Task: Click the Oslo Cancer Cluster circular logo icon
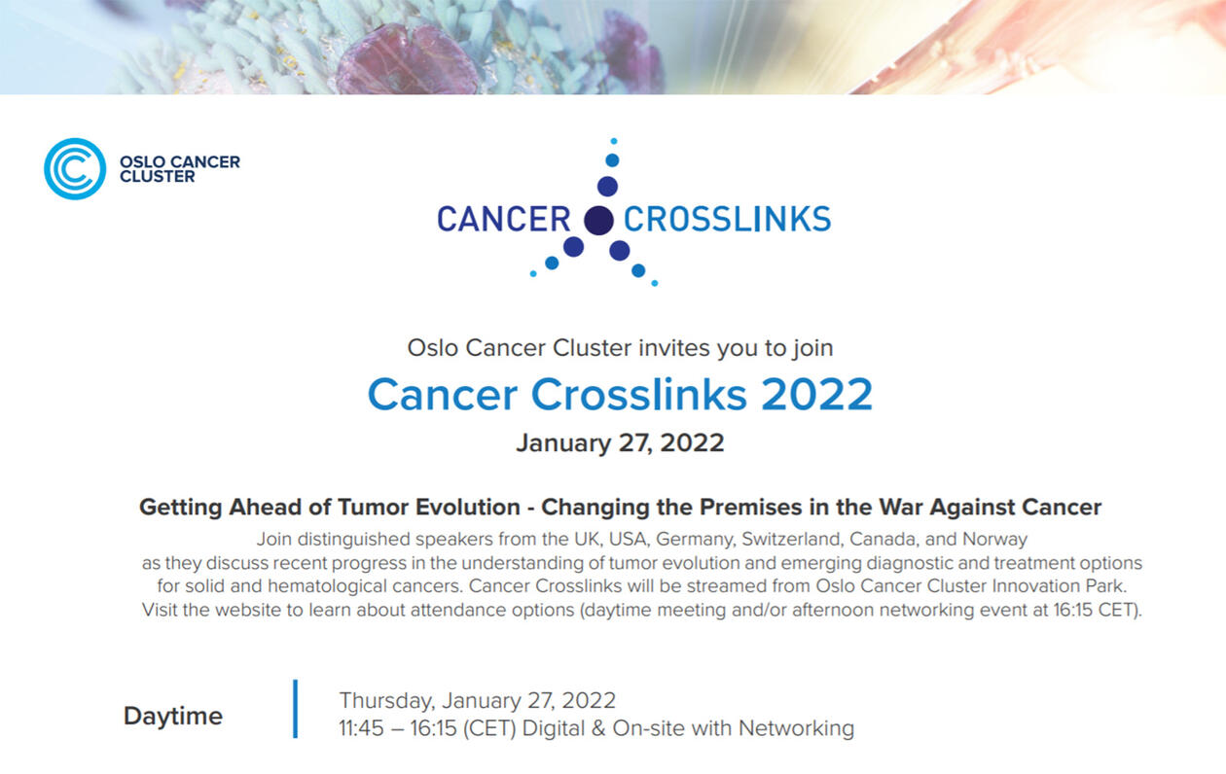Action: point(75,168)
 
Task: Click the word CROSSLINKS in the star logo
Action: point(728,220)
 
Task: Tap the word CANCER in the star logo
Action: point(504,220)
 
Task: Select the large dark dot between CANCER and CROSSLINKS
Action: point(598,221)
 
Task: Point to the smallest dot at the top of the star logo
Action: point(614,141)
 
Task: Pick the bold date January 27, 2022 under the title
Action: point(620,443)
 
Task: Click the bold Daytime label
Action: point(173,716)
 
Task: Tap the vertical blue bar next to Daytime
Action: point(296,709)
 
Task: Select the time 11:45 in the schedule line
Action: point(361,728)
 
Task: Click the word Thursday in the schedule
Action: point(387,701)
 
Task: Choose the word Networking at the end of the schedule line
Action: point(796,728)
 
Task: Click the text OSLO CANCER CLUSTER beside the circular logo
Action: point(179,169)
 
